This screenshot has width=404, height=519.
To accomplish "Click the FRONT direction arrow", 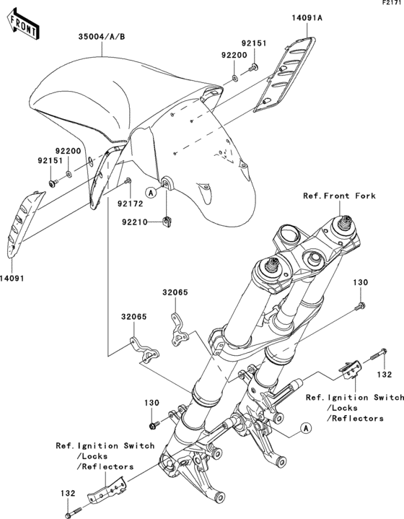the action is (x=22, y=24).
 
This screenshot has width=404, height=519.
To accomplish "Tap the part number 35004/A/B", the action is (x=102, y=37).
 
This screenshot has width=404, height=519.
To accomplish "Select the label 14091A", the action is (x=307, y=17).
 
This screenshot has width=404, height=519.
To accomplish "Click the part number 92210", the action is (x=135, y=222).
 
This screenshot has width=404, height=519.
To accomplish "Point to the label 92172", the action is (x=130, y=204).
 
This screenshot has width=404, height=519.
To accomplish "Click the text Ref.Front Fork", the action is (x=340, y=196).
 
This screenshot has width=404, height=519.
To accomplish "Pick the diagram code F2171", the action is (x=393, y=3).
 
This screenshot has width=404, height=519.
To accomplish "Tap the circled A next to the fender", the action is (x=151, y=192).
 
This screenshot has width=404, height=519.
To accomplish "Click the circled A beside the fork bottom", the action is (x=306, y=428).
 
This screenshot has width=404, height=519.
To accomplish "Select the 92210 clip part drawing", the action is (x=168, y=221).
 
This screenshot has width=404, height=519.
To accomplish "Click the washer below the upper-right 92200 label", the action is (x=234, y=78).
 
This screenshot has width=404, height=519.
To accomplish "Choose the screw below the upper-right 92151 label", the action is (x=253, y=68).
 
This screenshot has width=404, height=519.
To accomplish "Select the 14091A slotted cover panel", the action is (x=284, y=74).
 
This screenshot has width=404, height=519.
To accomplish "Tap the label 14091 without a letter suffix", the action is (x=12, y=279).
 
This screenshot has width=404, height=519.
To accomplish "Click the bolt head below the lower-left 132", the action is (x=68, y=515).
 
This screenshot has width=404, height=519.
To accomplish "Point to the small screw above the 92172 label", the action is (x=128, y=180).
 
